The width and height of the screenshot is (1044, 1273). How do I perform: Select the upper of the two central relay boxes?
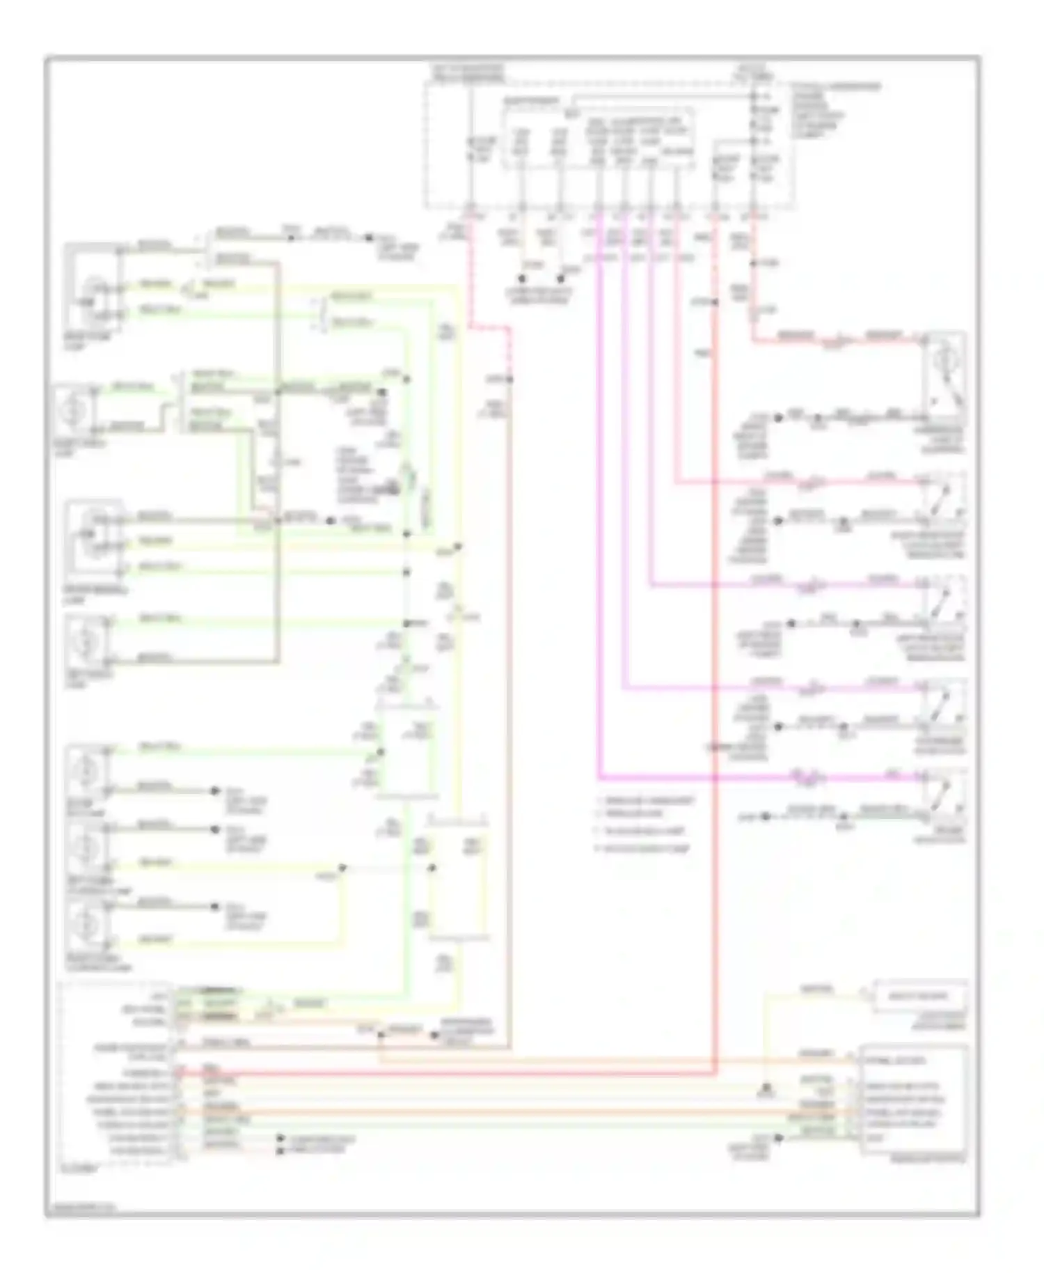click(407, 752)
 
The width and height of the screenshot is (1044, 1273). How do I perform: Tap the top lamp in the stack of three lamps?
click(87, 770)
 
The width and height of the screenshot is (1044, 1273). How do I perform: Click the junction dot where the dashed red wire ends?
click(509, 380)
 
